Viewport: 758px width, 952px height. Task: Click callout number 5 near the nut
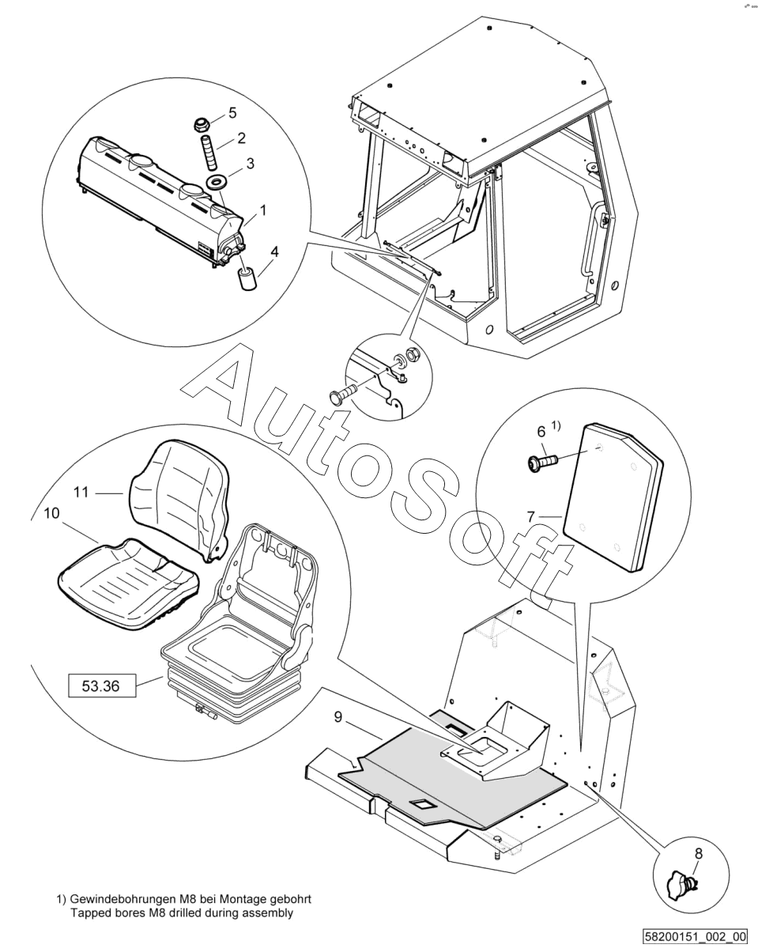pos(232,112)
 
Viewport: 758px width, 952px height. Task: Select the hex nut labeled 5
pos(202,124)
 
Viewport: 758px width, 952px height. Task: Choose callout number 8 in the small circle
pos(697,853)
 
